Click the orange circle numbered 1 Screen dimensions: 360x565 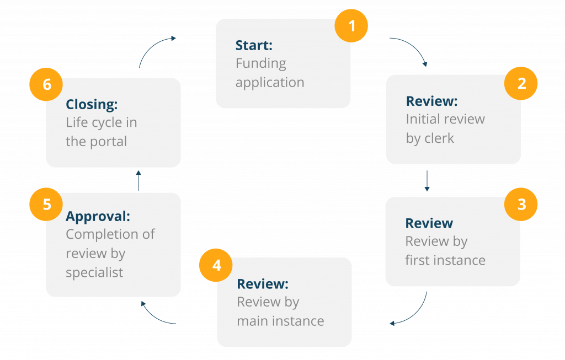pos(351,25)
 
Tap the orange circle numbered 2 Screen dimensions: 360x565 pos(521,83)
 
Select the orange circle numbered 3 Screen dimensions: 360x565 pos(521,205)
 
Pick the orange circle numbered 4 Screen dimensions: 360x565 pos(216,265)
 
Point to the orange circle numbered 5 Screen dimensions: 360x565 pos(46,204)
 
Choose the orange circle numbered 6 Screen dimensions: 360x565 pos(46,84)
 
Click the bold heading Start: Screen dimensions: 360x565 pos(254,45)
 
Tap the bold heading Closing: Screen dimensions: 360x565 pos(92,104)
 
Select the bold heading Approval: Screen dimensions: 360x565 pos(98,217)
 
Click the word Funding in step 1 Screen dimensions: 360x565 pos(260,63)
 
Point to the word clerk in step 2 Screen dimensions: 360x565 pos(439,138)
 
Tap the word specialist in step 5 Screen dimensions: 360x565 pos(94,272)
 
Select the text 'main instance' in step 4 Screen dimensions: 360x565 pos(280,321)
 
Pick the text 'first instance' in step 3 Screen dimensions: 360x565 pos(445,260)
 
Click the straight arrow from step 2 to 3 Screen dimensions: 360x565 pos(427,181)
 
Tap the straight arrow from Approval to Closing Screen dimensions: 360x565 pos(138,180)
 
